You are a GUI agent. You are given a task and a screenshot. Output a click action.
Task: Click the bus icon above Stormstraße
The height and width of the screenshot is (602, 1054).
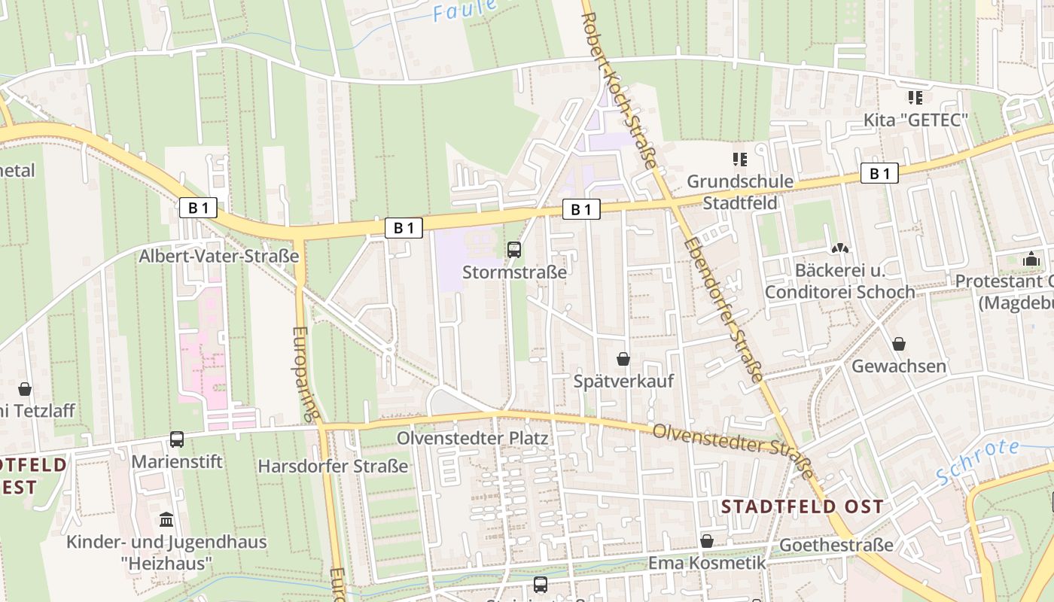(x=514, y=250)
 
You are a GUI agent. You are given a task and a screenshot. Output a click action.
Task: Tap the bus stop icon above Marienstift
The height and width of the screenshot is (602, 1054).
(x=177, y=439)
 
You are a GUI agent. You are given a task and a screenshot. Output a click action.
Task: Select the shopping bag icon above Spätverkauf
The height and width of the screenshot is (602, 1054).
(x=623, y=359)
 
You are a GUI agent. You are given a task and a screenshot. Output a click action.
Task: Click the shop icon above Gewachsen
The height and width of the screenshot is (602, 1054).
(x=898, y=345)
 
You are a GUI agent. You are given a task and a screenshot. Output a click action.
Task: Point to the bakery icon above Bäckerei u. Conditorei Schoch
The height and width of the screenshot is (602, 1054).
(x=839, y=248)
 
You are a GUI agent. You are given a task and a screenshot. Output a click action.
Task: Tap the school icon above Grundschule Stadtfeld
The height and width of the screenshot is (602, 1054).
(x=740, y=160)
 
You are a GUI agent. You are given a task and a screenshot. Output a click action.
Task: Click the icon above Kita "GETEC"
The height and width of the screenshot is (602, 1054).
(x=915, y=98)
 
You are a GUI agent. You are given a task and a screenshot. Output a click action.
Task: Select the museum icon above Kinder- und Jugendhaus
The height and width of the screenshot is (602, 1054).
(x=166, y=519)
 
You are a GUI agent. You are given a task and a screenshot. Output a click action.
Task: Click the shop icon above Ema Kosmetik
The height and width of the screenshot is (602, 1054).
(x=706, y=541)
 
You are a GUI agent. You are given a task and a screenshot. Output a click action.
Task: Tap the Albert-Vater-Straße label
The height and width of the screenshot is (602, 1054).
(x=219, y=256)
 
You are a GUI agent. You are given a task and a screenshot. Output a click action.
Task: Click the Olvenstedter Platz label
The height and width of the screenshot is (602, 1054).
(x=473, y=438)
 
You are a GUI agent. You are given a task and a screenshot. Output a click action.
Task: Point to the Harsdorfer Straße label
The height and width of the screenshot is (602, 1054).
(x=333, y=466)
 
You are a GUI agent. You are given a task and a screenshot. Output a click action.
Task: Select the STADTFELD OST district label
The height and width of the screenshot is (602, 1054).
(x=802, y=506)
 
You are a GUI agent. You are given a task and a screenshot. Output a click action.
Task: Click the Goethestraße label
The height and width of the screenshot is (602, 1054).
(x=836, y=545)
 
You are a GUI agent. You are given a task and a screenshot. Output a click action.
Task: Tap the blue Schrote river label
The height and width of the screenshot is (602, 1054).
(x=978, y=461)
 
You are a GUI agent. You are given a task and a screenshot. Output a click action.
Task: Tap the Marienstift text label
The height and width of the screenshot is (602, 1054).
(x=177, y=461)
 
